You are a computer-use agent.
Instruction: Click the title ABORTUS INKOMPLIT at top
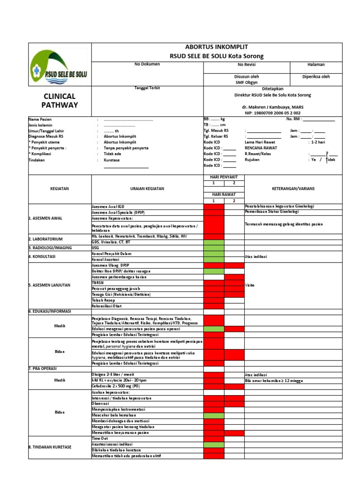click(x=217, y=47)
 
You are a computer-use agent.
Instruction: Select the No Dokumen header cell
click(x=147, y=64)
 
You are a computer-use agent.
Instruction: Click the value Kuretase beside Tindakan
click(x=112, y=159)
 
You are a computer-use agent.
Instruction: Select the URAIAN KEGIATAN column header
click(x=147, y=188)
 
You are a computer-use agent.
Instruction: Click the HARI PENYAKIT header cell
click(x=224, y=177)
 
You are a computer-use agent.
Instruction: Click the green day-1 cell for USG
click(x=213, y=247)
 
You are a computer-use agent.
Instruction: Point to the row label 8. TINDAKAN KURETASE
click(x=50, y=447)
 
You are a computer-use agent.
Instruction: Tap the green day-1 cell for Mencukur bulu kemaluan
click(x=213, y=415)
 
